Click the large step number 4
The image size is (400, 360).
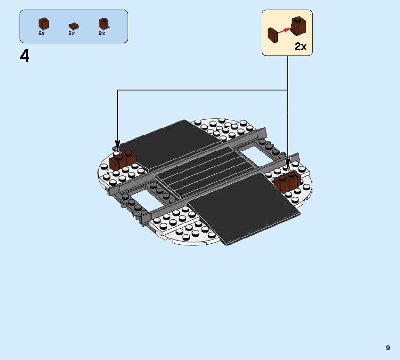click(25, 56)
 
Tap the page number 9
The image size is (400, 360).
click(388, 348)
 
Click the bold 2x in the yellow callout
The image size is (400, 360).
click(301, 47)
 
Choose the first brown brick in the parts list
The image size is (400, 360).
click(43, 24)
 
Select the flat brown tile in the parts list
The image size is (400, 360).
click(74, 26)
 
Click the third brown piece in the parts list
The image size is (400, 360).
click(103, 24)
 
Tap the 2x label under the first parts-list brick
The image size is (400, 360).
click(42, 33)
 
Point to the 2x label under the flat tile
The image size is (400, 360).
click(72, 33)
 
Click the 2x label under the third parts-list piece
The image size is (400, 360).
click(102, 33)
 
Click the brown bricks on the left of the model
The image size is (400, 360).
click(122, 160)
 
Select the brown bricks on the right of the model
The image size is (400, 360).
click(287, 181)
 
